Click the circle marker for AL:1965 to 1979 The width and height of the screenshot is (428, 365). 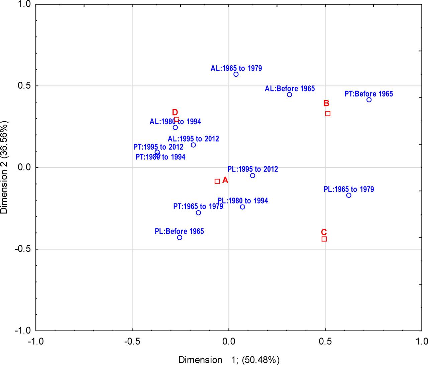(236, 74)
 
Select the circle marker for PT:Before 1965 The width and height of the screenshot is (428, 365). (369, 100)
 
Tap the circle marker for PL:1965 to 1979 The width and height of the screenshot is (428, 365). (349, 195)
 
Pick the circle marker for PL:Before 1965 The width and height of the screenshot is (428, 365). (180, 237)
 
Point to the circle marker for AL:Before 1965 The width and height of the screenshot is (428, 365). (290, 95)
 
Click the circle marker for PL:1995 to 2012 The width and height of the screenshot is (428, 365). (252, 176)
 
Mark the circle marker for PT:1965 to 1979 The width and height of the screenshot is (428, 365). (198, 213)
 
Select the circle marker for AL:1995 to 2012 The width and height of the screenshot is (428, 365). (193, 145)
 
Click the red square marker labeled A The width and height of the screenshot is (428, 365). (217, 181)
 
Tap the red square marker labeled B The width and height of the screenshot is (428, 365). (328, 114)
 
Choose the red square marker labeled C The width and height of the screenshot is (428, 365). (324, 239)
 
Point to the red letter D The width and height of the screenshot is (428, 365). (175, 112)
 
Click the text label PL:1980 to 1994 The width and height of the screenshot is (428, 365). (242, 201)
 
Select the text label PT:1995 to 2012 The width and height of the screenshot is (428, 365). (158, 147)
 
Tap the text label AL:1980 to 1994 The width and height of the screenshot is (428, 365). (175, 122)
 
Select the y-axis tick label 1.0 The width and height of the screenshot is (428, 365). (24, 4)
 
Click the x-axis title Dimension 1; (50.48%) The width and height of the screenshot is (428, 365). (229, 360)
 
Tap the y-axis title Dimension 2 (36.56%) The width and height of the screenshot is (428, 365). (5, 167)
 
